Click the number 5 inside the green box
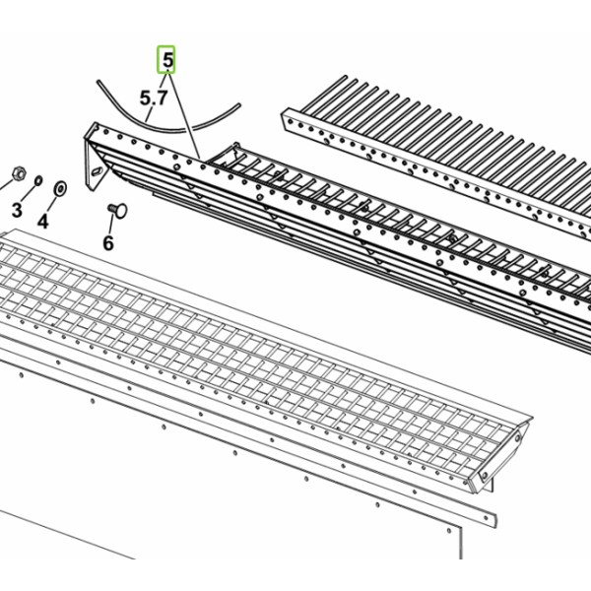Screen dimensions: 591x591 tap(167, 60)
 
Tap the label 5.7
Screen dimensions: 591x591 tap(154, 98)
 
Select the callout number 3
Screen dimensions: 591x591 tap(17, 210)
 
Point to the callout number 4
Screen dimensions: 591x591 tap(43, 221)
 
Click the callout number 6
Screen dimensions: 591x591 tap(108, 243)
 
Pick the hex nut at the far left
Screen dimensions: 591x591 tap(19, 173)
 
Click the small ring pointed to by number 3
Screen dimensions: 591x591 tap(38, 181)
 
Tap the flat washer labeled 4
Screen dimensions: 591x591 tap(60, 188)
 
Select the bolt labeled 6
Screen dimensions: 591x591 tap(117, 210)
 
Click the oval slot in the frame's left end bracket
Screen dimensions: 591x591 tap(98, 171)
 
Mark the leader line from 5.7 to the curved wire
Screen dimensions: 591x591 tap(150, 114)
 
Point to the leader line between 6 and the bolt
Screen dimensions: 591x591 tap(110, 224)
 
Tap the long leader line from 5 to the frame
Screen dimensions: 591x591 tap(184, 116)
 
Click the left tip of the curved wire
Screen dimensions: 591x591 tap(98, 82)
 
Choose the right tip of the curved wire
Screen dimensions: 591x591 tap(238, 105)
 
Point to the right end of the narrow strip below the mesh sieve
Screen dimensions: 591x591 tap(493, 520)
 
